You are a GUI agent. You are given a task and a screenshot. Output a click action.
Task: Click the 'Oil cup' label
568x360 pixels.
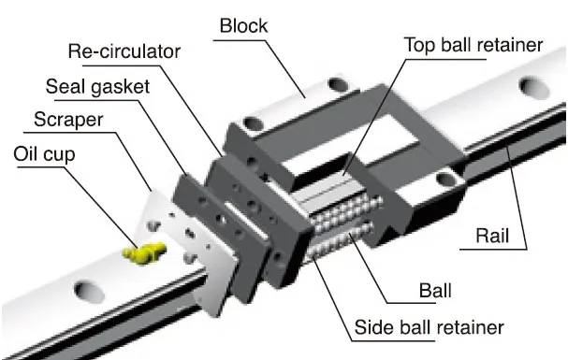click(44, 153)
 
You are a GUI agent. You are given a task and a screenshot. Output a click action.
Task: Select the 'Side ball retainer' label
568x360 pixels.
click(430, 328)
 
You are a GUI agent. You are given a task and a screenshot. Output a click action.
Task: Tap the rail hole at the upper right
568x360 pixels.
click(534, 89)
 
